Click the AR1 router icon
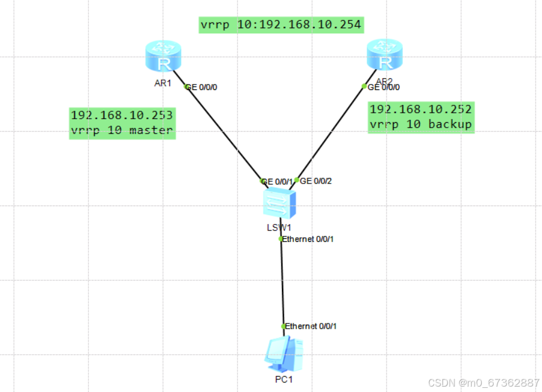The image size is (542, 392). pos(162,57)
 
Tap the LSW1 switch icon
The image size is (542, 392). pos(279,204)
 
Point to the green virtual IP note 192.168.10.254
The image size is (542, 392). pos(281,25)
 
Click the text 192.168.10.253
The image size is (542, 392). pos(122,115)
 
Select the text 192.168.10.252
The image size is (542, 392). pos(421,110)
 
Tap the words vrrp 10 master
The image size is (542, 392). pos(122,130)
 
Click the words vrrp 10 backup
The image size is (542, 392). pos(421,125)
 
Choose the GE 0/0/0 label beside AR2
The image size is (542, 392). pos(384,87)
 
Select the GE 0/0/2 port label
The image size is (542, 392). pos(316,181)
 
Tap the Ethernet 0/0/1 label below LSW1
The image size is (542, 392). pos(308,239)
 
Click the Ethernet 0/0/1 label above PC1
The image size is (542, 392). pos(311,326)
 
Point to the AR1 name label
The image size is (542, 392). pos(162,83)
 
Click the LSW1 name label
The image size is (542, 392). pos(278,227)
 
